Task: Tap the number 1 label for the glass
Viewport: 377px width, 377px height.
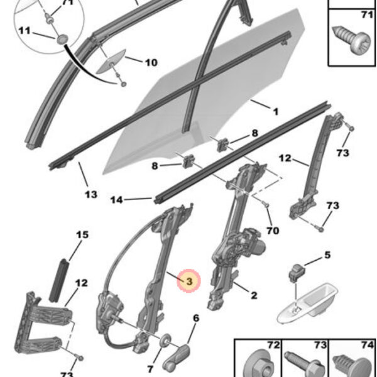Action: point(275,111)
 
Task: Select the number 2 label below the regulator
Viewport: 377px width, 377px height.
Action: point(254,295)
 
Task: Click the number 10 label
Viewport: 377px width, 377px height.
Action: point(151,62)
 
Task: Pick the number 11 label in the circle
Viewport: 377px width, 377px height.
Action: point(24,31)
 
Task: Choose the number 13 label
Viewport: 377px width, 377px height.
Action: point(92,194)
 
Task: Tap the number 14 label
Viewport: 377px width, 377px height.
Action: point(116,200)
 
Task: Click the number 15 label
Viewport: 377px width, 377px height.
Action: point(82,235)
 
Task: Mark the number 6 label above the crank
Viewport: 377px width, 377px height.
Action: point(195,319)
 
